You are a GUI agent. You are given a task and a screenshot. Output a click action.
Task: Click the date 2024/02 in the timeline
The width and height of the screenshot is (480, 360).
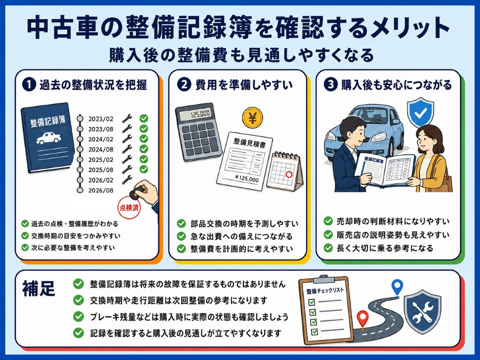click(101, 140)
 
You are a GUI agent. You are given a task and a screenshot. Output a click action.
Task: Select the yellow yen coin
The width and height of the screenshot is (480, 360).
click(252, 118)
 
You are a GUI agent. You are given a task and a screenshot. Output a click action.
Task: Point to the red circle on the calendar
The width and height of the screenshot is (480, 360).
click(289, 174)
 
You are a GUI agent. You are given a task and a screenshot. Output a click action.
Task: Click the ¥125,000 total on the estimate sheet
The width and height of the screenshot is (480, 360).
click(247, 178)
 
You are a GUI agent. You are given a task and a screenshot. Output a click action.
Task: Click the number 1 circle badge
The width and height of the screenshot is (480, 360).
click(29, 85)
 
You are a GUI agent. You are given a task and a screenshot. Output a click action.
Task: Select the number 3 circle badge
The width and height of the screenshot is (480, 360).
click(330, 85)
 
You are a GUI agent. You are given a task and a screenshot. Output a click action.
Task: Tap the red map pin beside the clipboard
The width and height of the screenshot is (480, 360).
click(362, 319)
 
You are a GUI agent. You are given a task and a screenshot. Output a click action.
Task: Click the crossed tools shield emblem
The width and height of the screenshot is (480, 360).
click(422, 312)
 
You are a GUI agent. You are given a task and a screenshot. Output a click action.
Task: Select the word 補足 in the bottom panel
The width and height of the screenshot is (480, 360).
click(38, 288)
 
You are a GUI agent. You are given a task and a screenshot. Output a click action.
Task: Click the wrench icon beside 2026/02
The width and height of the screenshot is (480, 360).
click(127, 180)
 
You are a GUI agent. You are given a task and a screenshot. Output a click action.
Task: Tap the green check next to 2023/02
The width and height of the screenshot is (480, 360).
click(144, 118)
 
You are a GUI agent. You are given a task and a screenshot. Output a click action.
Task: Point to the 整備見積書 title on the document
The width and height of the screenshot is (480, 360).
click(250, 143)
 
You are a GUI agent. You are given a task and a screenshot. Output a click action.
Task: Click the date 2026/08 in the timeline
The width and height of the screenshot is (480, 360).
click(101, 190)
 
